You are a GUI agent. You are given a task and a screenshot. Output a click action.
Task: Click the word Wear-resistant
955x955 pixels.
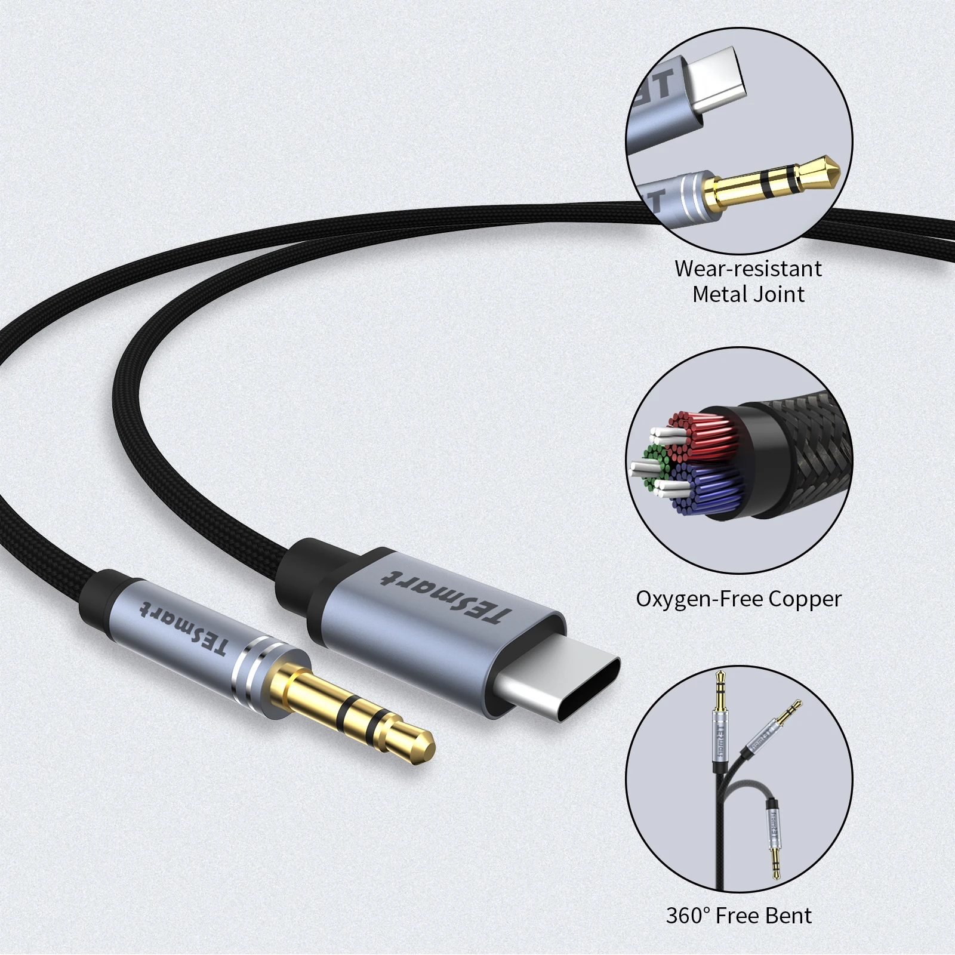pos(748,269)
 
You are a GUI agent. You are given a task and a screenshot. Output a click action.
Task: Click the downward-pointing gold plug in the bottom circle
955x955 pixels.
pos(775,865)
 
